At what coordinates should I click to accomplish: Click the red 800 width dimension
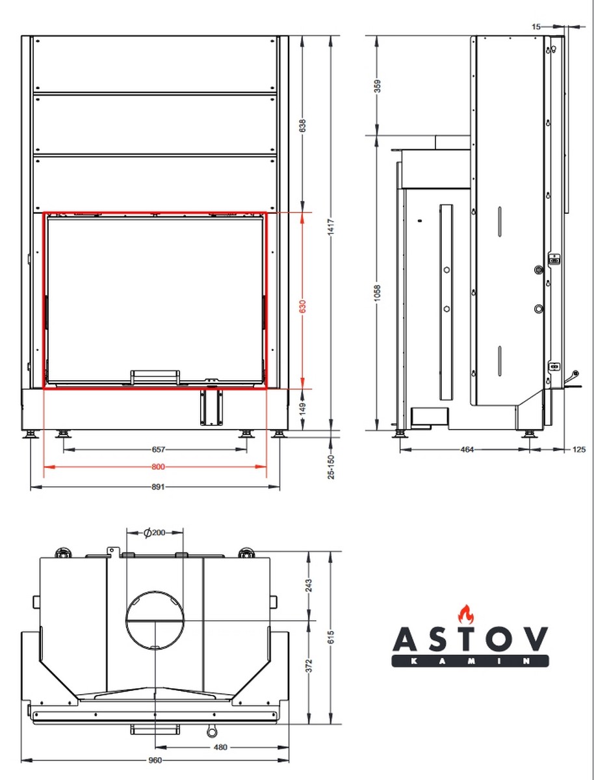coord(158,467)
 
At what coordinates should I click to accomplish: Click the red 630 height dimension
coord(302,306)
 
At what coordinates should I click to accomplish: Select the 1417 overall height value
coord(331,227)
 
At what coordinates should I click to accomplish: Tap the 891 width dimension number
coord(158,487)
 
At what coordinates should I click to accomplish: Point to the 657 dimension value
coord(158,449)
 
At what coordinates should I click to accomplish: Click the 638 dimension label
coord(302,126)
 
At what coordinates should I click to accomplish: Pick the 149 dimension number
coord(302,409)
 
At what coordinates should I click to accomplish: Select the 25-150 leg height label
coord(331,467)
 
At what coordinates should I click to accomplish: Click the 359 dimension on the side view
coord(378,86)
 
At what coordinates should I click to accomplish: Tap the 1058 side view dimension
coord(378,293)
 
